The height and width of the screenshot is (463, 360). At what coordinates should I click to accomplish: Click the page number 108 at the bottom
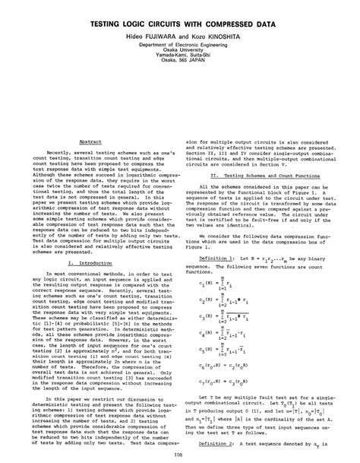[x=180, y=456]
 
